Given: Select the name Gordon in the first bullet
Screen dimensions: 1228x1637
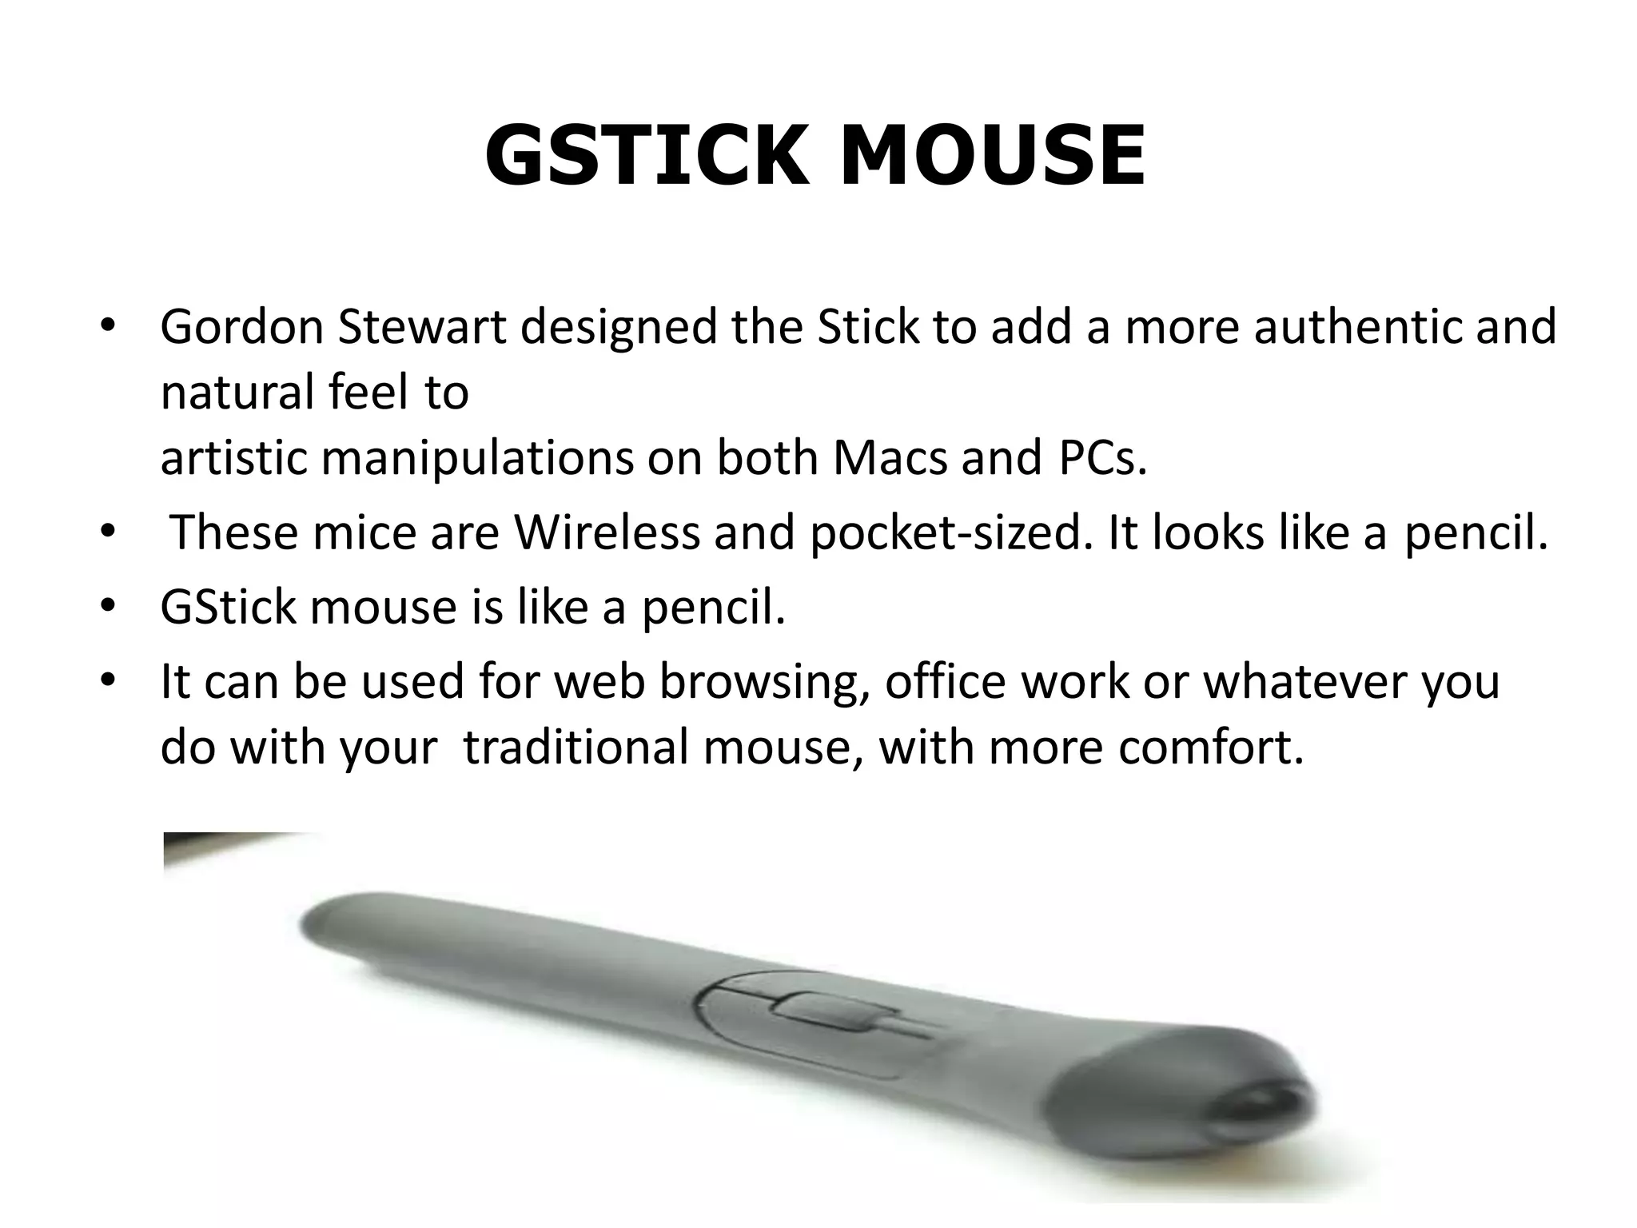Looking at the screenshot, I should (241, 327).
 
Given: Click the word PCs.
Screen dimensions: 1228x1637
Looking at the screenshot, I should (1102, 458).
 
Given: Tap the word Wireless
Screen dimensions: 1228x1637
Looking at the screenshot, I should (606, 532).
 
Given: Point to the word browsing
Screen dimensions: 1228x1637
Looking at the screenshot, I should (765, 682).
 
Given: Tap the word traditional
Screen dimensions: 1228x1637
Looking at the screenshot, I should (576, 748).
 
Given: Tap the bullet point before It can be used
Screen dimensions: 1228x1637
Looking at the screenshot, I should (109, 681).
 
